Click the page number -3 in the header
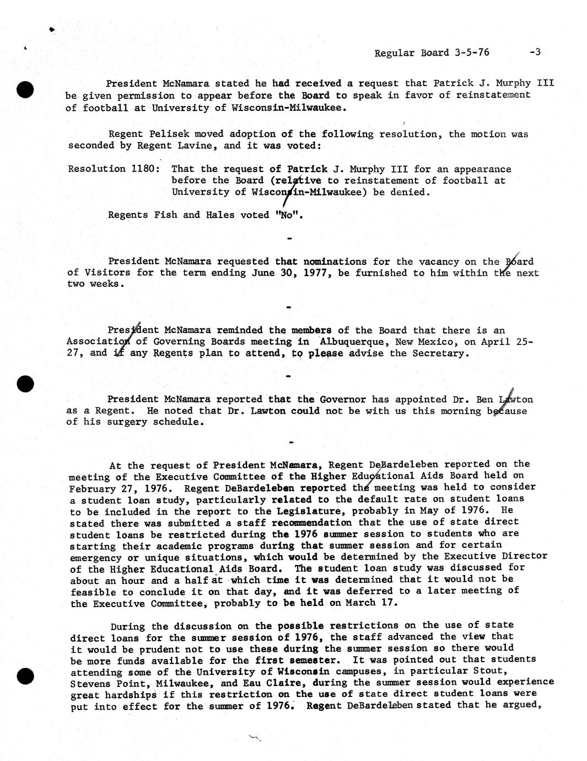click(535, 52)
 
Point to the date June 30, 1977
click(283, 273)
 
